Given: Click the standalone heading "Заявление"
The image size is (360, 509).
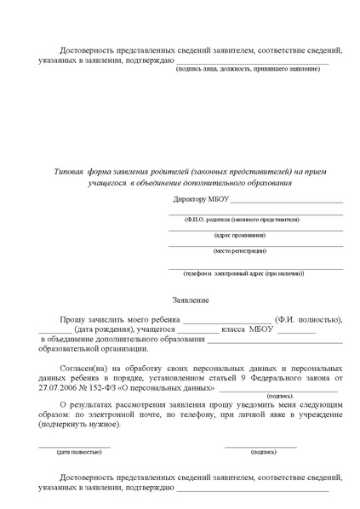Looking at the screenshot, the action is (189, 300).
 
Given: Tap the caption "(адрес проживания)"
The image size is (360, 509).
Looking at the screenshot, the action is (239, 234).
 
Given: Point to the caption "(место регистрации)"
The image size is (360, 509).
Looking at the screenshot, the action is (239, 250).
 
